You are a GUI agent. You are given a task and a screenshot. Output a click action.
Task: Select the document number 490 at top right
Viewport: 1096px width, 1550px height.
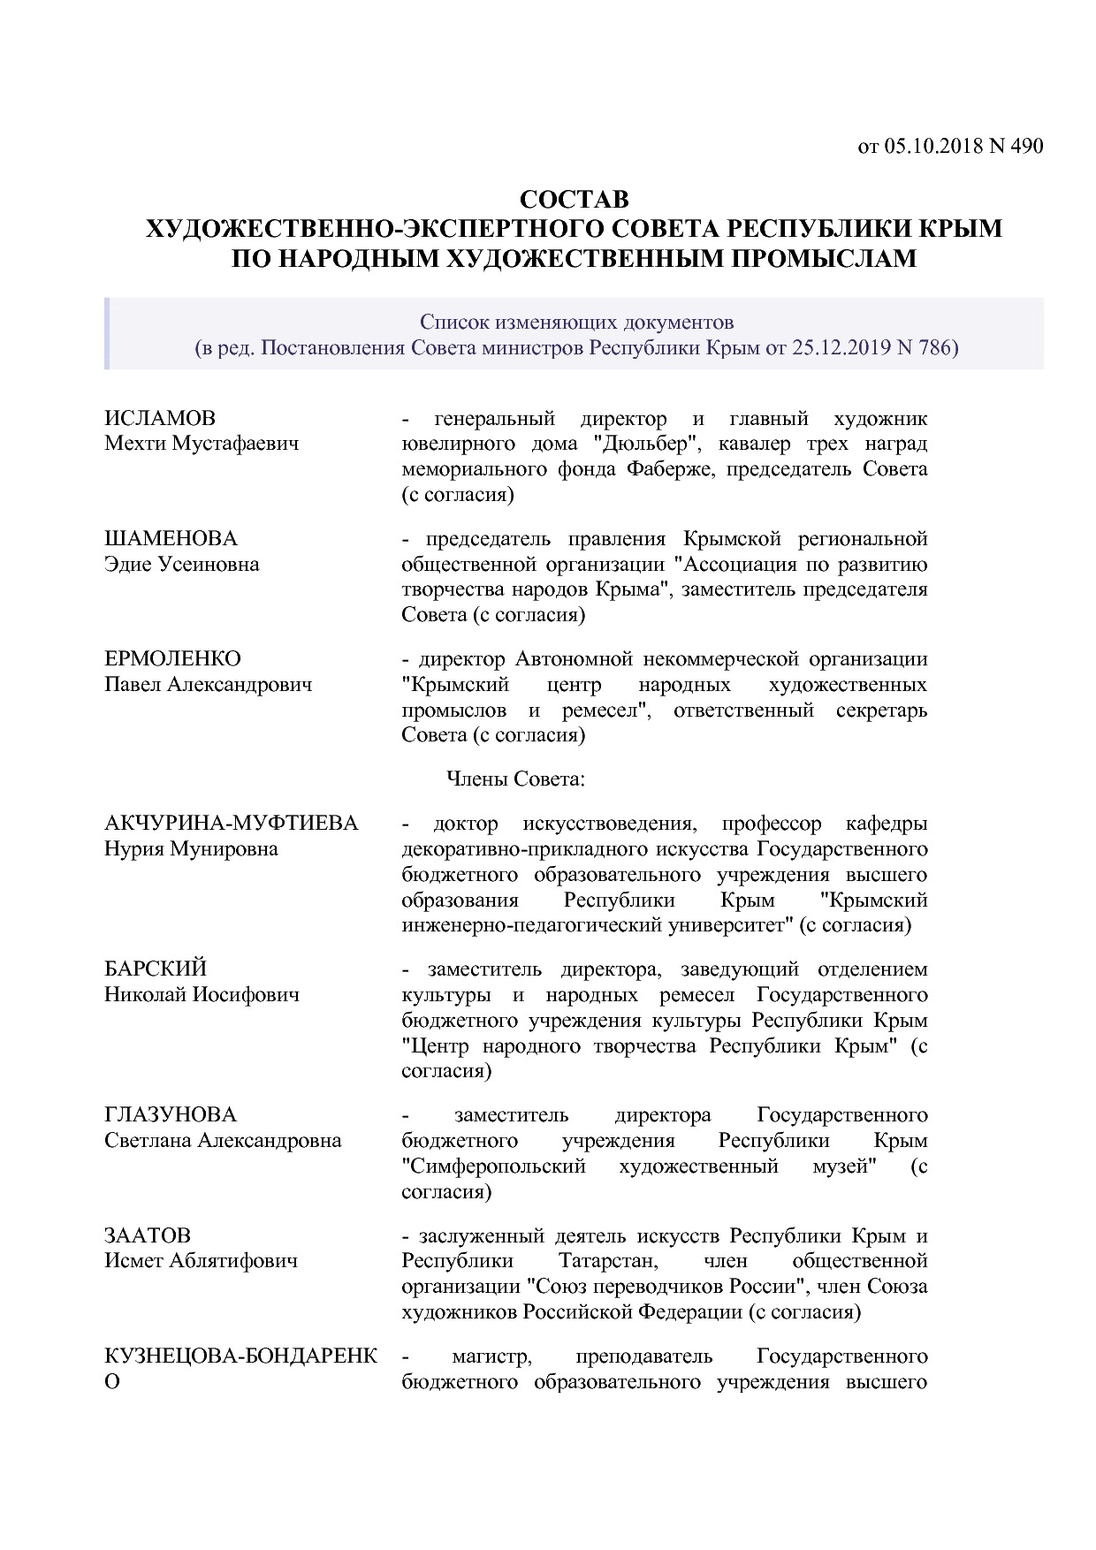tap(1027, 146)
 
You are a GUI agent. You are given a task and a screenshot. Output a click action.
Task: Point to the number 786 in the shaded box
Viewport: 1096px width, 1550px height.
tap(936, 347)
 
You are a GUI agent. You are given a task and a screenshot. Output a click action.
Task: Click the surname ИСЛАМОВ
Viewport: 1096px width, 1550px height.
tap(160, 418)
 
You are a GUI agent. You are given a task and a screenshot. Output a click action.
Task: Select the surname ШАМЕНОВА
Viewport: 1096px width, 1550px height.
tap(171, 539)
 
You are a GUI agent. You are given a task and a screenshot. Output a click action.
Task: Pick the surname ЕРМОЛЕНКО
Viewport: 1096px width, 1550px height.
tap(172, 659)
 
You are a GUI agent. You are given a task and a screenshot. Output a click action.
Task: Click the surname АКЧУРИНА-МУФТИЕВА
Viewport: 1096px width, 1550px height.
tap(232, 824)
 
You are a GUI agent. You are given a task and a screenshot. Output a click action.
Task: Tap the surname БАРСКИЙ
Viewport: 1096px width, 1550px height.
tap(156, 969)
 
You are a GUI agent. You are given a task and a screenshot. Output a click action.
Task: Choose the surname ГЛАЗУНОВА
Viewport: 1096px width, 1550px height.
tap(171, 1115)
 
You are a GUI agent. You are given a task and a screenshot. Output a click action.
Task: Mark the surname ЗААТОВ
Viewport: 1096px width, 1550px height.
tap(148, 1235)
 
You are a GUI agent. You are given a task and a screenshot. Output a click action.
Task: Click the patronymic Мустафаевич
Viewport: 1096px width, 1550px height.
tap(236, 444)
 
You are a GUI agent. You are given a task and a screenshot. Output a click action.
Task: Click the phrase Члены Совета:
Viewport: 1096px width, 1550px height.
tap(516, 779)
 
